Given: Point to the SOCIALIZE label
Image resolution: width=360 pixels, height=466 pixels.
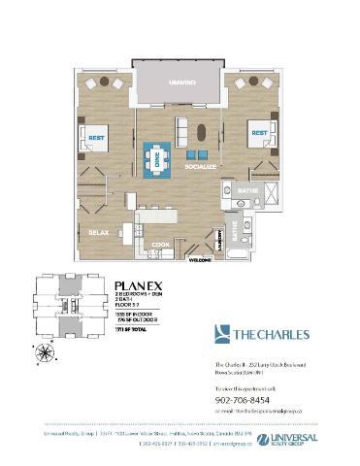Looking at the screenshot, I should (x=200, y=168).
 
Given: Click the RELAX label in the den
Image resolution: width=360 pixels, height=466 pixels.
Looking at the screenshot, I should (x=97, y=233).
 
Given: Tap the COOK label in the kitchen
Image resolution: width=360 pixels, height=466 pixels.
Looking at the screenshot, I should (x=161, y=244).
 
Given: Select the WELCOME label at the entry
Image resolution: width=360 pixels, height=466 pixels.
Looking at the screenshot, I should (x=201, y=260).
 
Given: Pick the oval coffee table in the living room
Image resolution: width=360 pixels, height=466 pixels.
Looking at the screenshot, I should (x=202, y=131).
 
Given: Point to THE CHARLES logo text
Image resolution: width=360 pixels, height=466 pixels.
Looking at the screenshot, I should (x=268, y=335).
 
